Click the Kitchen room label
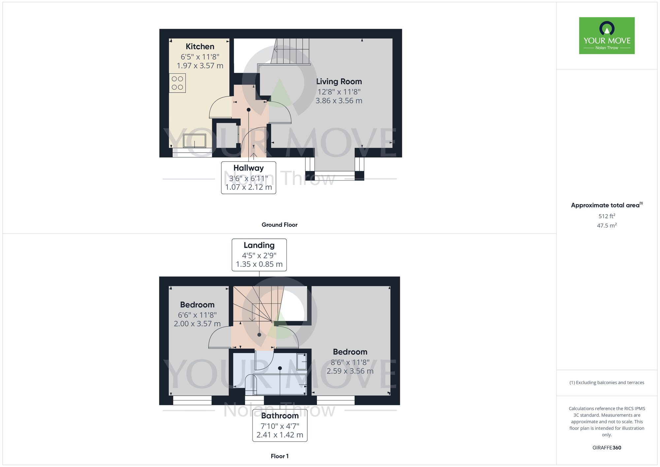pos(200,47)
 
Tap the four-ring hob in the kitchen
pos(178,83)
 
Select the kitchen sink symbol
pos(195,141)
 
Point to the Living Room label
pos(339,82)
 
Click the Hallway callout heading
pos(248,168)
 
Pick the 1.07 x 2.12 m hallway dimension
pos(248,187)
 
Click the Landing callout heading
pos(259,245)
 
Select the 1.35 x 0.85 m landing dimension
pos(259,264)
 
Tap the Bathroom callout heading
pos(280,416)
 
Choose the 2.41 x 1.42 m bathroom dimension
pos(280,435)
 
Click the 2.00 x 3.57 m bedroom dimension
pos(197,324)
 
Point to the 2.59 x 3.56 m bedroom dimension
pos(350,371)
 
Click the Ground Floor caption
pos(280,225)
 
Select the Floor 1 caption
pos(280,456)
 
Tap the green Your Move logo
pos(607,36)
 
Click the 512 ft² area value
pos(607,216)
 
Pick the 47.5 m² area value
pos(607,226)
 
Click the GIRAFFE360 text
pos(607,448)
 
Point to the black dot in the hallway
pos(248,110)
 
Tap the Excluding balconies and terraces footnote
pos(607,382)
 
